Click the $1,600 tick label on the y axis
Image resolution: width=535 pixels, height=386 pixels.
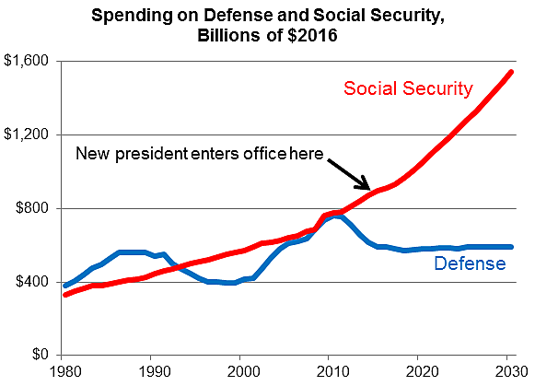click(27, 61)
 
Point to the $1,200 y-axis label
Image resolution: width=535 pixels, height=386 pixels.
click(27, 135)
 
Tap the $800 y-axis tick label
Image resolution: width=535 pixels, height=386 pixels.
click(32, 208)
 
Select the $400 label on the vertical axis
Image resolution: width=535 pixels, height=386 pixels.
click(32, 282)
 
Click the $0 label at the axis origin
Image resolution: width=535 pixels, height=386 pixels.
click(41, 355)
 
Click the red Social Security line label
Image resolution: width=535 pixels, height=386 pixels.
click(408, 88)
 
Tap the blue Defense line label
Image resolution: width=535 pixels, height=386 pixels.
click(471, 264)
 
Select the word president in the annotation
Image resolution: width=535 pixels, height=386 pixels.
click(152, 154)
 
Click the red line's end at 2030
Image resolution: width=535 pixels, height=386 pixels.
click(512, 72)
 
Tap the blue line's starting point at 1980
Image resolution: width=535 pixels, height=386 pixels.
click(64, 287)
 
